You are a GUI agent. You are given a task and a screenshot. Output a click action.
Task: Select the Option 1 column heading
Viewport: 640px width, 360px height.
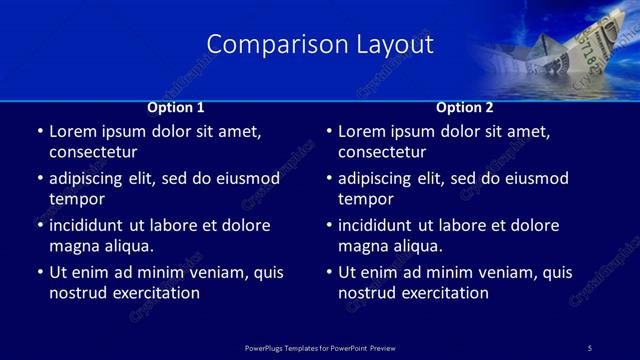coord(176,107)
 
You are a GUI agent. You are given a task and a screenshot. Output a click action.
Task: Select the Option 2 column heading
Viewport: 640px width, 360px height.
coord(465,107)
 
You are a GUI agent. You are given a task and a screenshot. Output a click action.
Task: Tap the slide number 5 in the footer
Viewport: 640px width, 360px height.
coord(589,347)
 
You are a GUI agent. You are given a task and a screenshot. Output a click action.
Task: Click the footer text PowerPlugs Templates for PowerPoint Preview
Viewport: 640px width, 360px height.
coord(320,347)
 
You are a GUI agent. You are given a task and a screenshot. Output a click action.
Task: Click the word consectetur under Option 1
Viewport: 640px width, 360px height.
coord(93,152)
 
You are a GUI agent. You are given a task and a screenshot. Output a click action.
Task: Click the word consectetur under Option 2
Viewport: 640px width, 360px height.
coord(382,152)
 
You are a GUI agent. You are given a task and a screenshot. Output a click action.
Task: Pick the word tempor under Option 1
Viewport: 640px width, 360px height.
coord(77,199)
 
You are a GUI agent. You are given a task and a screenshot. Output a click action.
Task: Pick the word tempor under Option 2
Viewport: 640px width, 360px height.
coord(366,199)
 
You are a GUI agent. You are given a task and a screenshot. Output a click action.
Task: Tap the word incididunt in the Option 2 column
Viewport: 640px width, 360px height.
coord(384,226)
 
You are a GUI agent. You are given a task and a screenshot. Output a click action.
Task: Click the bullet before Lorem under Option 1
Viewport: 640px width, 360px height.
coord(39,132)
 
